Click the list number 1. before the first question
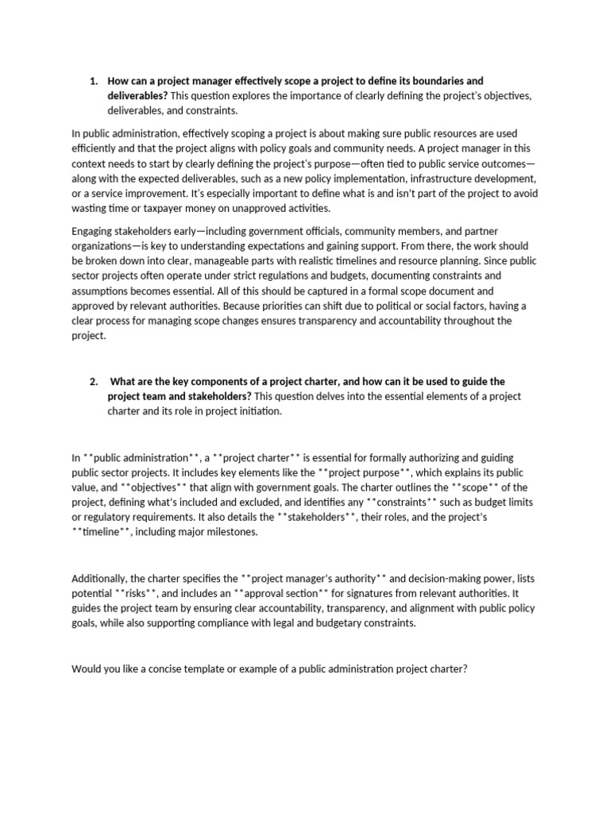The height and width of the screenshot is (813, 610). (x=93, y=81)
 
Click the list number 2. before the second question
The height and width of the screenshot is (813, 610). (x=93, y=381)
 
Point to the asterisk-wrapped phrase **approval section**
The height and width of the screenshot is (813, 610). (x=299, y=594)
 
